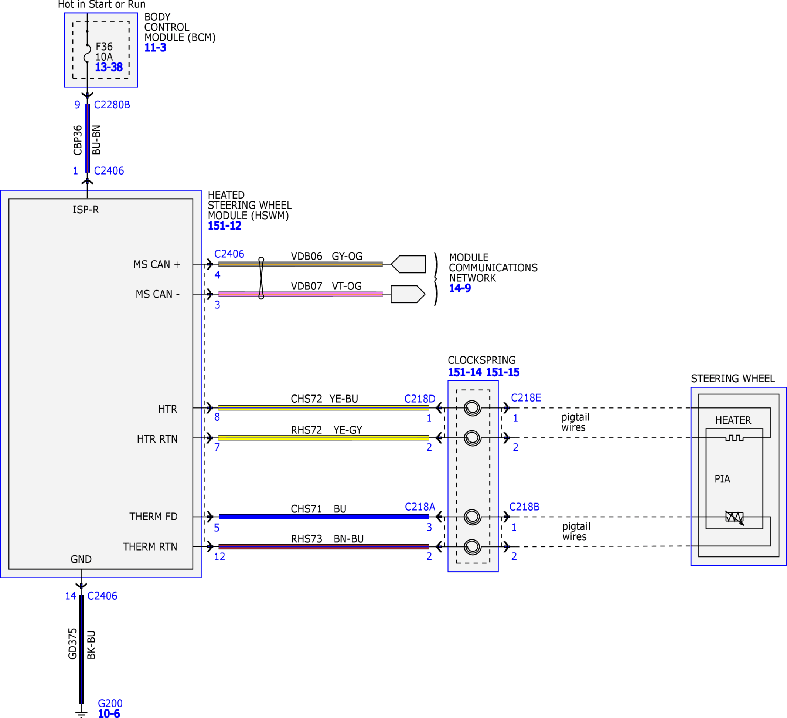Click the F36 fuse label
104,47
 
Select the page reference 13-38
109,67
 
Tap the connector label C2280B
112,105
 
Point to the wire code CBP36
78,140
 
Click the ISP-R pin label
86,210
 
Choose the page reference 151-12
225,226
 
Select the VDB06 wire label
306,256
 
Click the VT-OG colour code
347,286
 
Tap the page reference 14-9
460,288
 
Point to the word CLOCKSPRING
482,360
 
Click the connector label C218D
420,399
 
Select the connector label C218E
526,398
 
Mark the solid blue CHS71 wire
324,517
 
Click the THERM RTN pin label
150,546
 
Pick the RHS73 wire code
306,539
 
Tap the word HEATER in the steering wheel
733,420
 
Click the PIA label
723,479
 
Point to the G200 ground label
110,704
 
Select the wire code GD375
73,644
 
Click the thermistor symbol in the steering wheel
734,518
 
